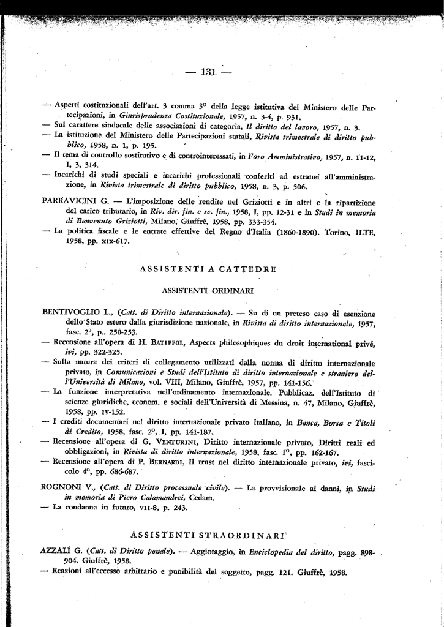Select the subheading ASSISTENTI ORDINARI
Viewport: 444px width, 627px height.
208,290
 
